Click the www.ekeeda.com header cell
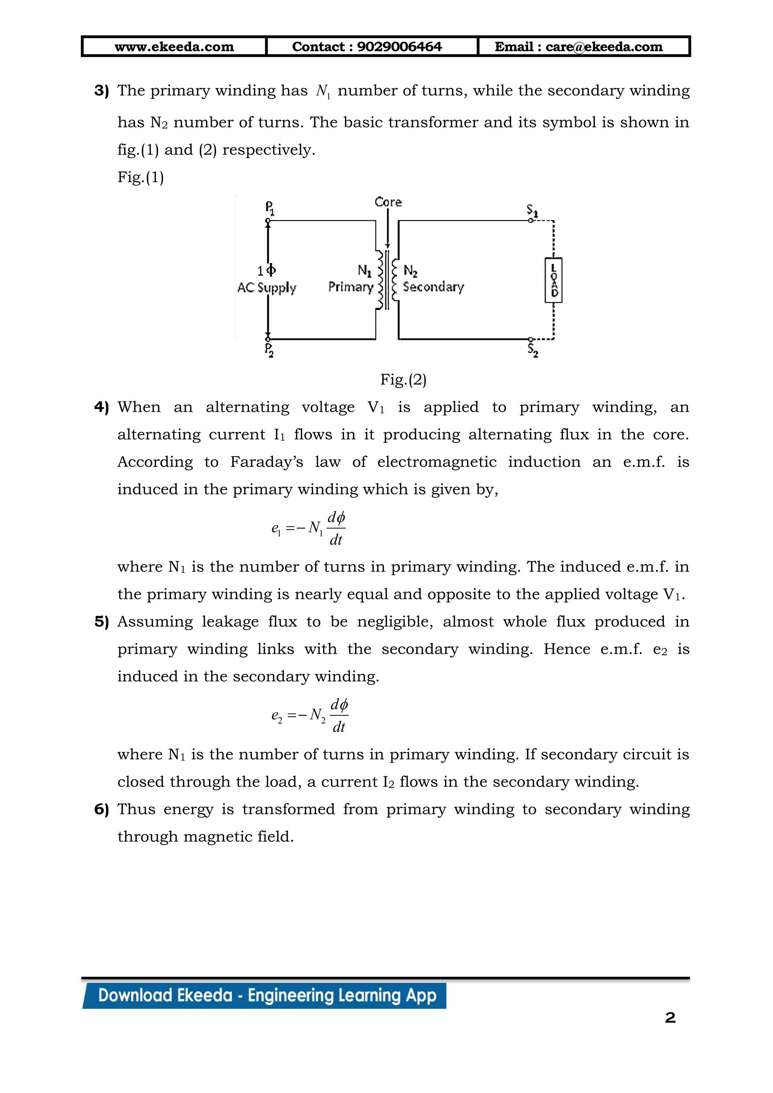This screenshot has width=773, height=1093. coord(174,47)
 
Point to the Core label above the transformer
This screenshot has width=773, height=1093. coord(388,202)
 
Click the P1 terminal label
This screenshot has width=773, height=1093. coord(269,208)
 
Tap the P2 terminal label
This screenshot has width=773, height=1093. coord(269,350)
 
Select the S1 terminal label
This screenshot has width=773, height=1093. coord(532,211)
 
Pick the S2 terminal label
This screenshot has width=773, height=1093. coord(533,350)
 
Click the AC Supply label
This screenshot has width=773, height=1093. coord(266,288)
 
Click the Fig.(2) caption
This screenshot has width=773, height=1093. coord(403,379)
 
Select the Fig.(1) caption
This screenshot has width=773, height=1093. coord(140,177)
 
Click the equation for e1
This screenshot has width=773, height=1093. coord(308,528)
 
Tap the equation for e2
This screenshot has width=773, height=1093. coord(310,715)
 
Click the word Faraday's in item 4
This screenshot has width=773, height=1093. coord(266,462)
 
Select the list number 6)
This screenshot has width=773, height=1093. coord(102,809)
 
